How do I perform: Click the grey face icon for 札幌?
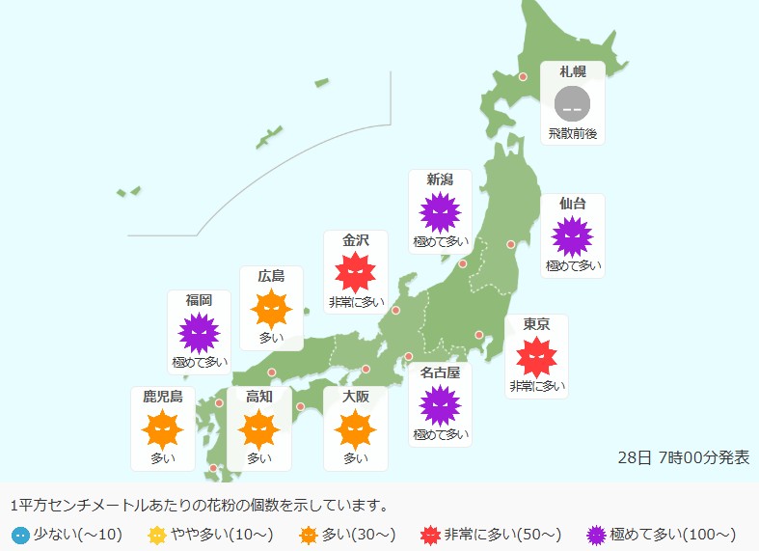click(x=572, y=102)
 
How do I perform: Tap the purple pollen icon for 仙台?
click(x=573, y=236)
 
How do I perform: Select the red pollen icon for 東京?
click(x=537, y=357)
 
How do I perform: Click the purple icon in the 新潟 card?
click(x=440, y=212)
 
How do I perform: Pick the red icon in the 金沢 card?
click(x=355, y=272)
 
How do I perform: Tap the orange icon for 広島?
click(x=271, y=309)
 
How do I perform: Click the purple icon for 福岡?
click(x=200, y=333)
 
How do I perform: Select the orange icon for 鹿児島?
click(x=162, y=428)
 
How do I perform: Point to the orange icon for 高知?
click(x=258, y=428)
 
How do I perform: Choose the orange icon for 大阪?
click(x=356, y=428)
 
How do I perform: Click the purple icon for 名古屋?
click(x=440, y=404)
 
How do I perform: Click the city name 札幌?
click(x=572, y=71)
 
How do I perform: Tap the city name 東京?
click(x=537, y=325)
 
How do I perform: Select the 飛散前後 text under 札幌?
click(x=572, y=132)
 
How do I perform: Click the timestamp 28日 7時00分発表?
click(x=683, y=457)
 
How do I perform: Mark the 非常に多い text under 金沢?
click(x=355, y=301)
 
